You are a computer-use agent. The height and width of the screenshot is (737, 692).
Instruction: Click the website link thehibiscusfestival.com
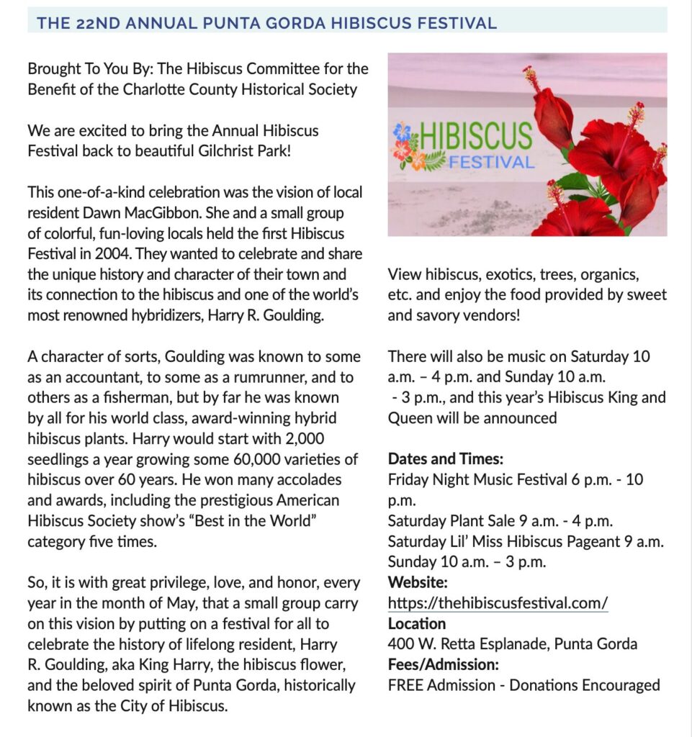tap(498, 602)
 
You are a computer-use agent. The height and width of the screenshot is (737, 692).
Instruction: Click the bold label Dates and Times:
tap(446, 459)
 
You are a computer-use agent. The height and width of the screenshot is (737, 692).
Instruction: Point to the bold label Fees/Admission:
tap(443, 664)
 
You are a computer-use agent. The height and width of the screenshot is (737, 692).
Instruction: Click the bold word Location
tap(417, 623)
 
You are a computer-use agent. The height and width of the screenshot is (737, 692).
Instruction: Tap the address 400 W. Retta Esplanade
tap(468, 644)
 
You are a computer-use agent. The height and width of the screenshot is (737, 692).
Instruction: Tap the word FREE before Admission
tap(405, 685)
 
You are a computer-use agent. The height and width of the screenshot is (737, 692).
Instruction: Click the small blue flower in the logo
tap(402, 132)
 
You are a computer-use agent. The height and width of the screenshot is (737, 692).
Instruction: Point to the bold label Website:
tap(418, 582)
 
